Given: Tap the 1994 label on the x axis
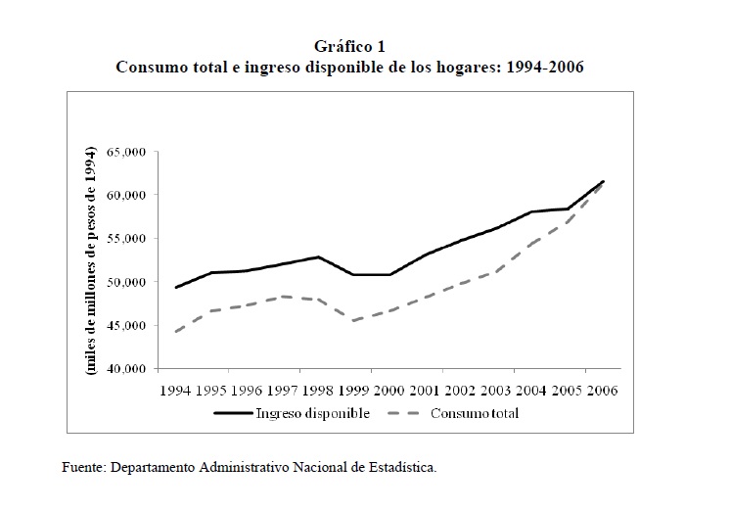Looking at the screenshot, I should coord(175,390).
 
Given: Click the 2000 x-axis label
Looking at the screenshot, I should coord(389,390).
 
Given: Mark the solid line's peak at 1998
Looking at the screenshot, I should coord(319,257).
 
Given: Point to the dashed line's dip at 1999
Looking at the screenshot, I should coord(353,320).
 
